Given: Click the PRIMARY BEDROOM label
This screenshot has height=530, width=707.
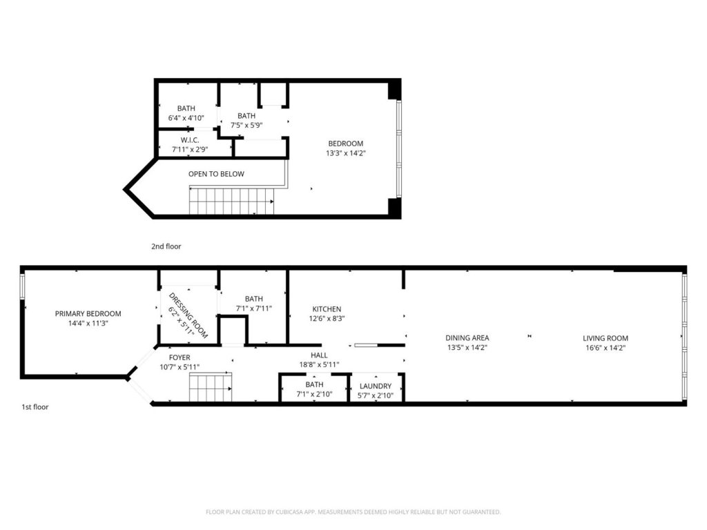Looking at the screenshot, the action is pos(88,314).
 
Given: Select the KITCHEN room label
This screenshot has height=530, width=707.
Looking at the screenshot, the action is pos(327,309).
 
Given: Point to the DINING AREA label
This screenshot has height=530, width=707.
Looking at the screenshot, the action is pos(467,337).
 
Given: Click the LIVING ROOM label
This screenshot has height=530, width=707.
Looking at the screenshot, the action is pos(605,338).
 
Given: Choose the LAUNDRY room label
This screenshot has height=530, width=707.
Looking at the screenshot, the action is pos(375,386).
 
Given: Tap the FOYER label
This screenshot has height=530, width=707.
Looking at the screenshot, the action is pos(180,357).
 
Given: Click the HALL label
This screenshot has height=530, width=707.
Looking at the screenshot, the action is pos(319,355).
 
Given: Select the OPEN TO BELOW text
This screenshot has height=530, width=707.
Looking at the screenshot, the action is pos(216,174).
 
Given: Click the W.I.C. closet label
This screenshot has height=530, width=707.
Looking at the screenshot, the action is pos(190,140).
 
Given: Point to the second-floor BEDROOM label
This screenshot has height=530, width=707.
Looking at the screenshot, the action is pos(345,144).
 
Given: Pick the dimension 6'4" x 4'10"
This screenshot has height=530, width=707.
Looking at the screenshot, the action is pos(186,118).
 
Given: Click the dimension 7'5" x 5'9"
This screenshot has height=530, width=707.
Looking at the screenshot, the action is pos(246,126).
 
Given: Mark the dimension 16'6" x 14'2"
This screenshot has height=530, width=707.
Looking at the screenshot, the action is pos(605,348).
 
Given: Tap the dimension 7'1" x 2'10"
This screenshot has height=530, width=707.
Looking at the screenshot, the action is pos(314,394).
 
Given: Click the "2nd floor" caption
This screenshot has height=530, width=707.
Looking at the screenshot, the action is pos(166,246).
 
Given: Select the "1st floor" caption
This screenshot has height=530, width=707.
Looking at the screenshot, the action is pos(35,406).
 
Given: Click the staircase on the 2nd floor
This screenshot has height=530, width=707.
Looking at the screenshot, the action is pos(231,202).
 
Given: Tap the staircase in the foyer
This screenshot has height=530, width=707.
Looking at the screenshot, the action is pos(211,386).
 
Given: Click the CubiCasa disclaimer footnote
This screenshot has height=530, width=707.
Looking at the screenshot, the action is pos(353,512).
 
